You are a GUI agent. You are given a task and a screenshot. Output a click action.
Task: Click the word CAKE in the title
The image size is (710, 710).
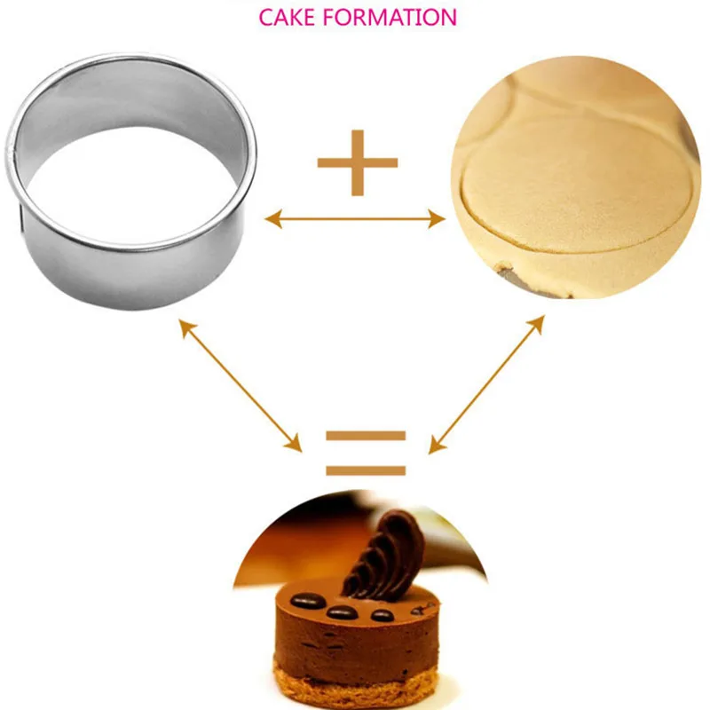click(287, 17)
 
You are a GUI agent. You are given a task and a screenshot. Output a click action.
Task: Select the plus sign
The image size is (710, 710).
click(358, 162)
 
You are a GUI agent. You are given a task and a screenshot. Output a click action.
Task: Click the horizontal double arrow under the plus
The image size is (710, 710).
click(355, 217)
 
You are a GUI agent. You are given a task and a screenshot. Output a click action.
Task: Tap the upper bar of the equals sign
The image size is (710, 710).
click(365, 437)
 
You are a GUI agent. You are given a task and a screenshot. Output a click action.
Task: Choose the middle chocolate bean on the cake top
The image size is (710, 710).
click(343, 611)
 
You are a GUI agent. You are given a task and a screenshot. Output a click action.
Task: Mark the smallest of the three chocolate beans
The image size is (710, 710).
click(383, 614)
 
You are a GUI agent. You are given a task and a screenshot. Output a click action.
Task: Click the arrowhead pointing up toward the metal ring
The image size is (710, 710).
click(186, 326)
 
